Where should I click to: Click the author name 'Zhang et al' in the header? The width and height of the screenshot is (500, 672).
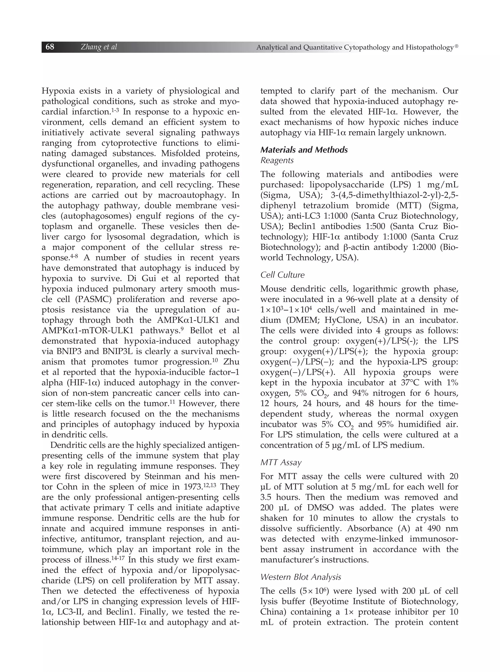coord(99,47)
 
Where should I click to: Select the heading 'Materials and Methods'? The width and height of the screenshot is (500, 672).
coord(304,150)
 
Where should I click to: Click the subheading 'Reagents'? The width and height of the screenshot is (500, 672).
coord(277,160)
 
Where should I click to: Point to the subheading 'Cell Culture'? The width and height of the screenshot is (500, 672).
coord(282,275)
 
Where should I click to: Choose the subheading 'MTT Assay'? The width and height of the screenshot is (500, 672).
coord(281,462)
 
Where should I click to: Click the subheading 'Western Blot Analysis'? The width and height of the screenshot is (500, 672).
coord(301,577)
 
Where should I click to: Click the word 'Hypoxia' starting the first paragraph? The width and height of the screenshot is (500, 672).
coord(58,91)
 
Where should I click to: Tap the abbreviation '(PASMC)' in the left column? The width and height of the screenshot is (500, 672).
coord(92,299)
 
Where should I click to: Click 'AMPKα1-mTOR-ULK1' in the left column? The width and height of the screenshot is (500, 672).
coord(89,331)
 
